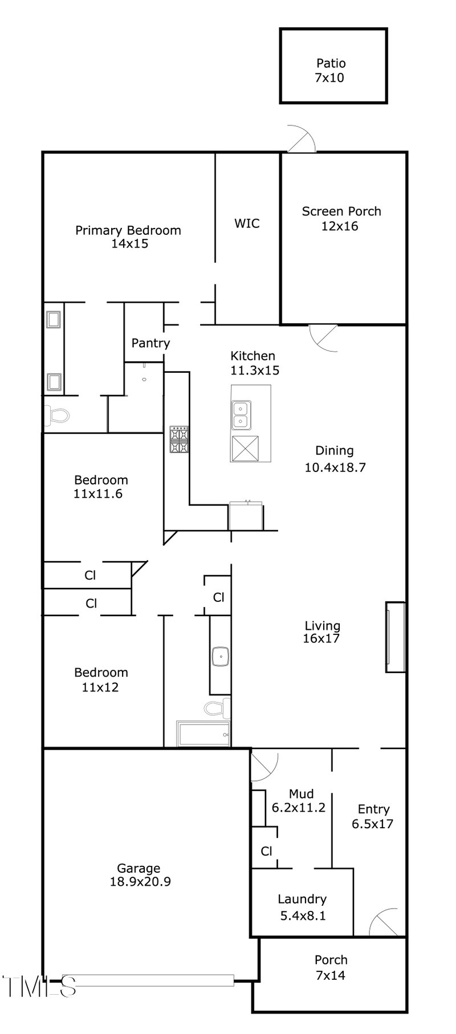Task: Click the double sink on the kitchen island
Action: point(242,414)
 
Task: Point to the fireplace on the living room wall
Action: point(395,637)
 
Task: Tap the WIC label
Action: point(247,223)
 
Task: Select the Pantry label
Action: point(150,343)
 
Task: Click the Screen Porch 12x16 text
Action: point(341,218)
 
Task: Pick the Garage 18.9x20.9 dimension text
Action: point(139,875)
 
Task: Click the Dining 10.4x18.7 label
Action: point(335,459)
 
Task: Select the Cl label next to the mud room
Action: point(266,851)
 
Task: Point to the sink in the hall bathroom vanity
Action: point(219,657)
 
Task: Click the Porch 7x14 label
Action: point(331,967)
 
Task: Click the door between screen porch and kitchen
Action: point(323,337)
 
